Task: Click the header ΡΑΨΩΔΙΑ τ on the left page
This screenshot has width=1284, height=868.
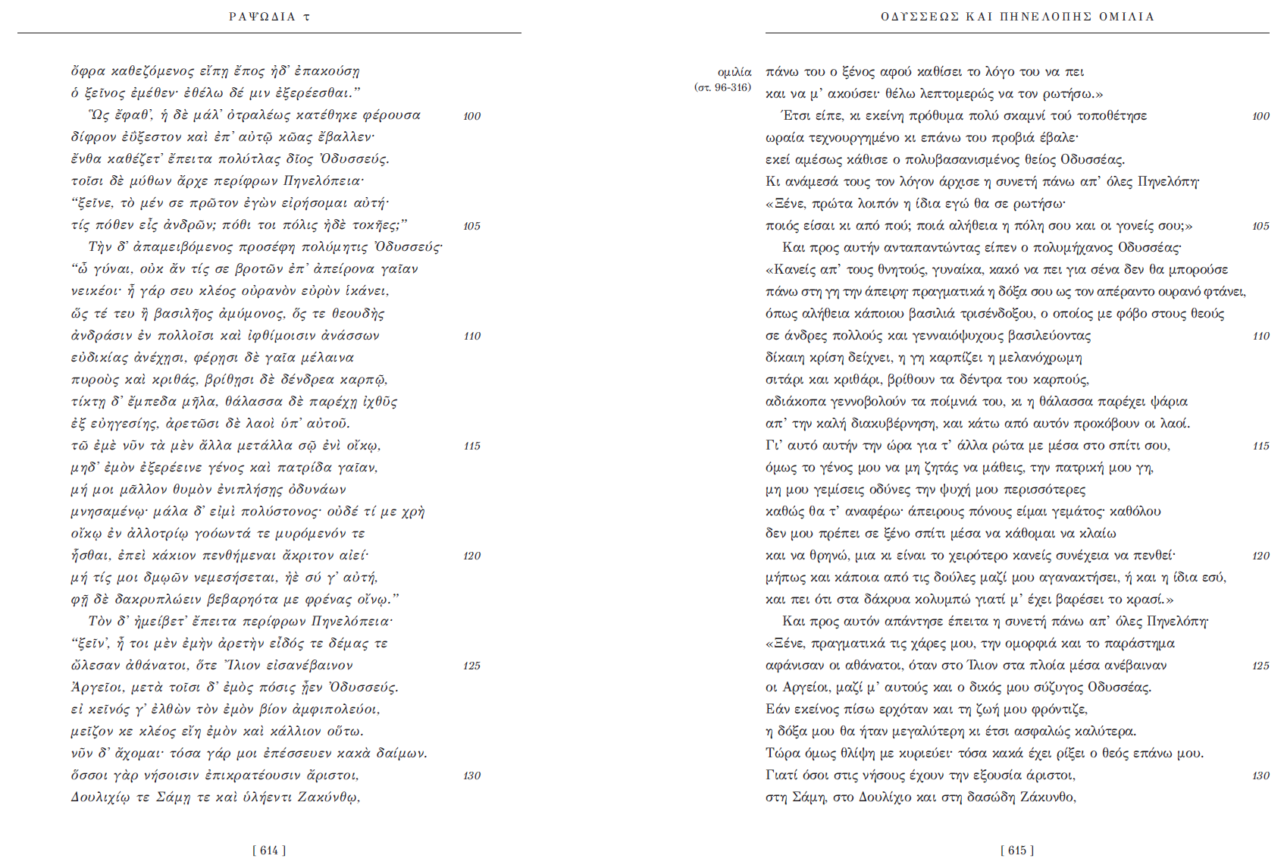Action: click(x=269, y=17)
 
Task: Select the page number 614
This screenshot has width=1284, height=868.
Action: click(x=269, y=851)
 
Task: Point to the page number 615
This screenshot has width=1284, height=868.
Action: click(x=1017, y=851)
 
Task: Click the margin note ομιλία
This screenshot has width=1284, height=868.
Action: click(x=734, y=72)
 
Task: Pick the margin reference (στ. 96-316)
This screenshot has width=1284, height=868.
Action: click(x=722, y=88)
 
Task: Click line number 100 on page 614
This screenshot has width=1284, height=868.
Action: click(x=472, y=116)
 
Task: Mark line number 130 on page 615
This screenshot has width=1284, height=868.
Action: click(x=1261, y=776)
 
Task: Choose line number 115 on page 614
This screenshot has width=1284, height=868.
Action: click(x=472, y=446)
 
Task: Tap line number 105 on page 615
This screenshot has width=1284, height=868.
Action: click(x=1261, y=226)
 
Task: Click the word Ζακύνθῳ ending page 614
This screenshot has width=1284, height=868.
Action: click(x=328, y=797)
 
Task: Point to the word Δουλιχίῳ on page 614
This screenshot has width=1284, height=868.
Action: click(x=100, y=797)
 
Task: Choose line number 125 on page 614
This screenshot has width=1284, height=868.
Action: click(x=472, y=666)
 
